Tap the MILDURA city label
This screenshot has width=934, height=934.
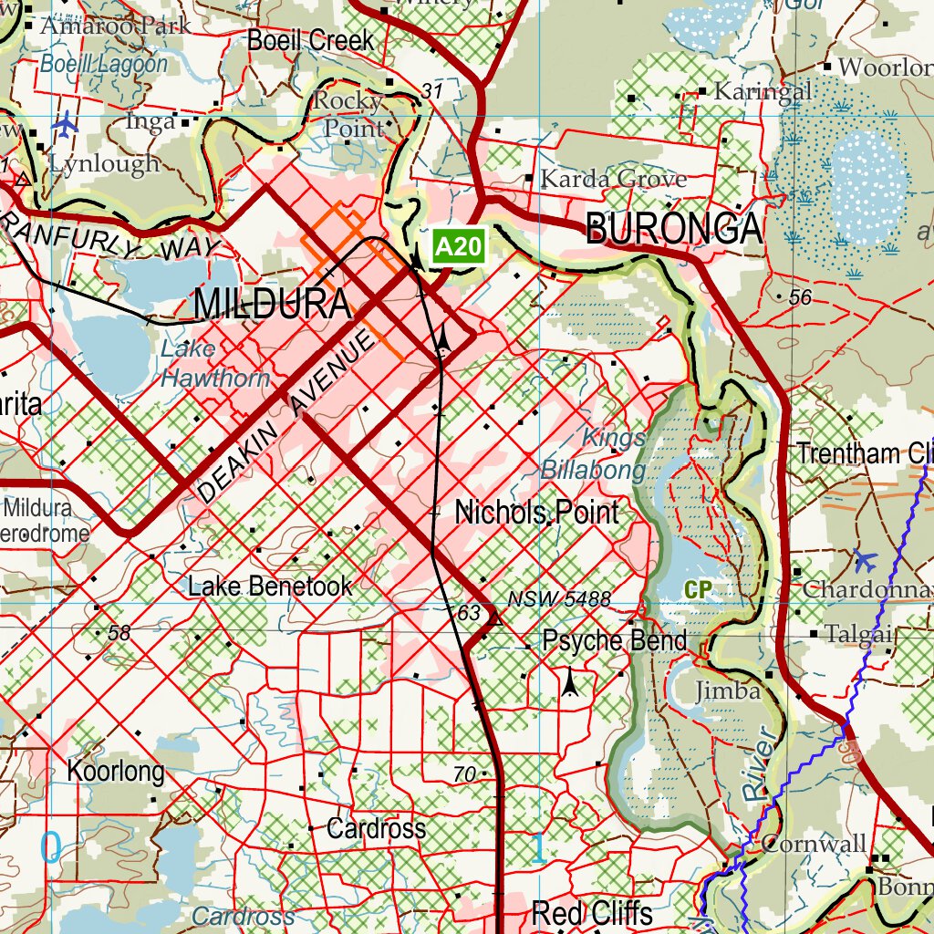click(272, 305)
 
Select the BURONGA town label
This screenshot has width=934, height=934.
click(674, 229)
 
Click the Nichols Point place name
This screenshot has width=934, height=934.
click(536, 513)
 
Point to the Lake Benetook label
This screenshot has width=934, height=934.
click(270, 586)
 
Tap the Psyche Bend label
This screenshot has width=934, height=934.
click(614, 640)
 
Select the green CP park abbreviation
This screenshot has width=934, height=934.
click(697, 590)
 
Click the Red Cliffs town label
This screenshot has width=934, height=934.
click(592, 912)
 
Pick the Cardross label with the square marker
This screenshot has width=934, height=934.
click(376, 829)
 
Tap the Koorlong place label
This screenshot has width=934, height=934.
click(116, 772)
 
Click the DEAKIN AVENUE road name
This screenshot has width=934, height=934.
click(285, 418)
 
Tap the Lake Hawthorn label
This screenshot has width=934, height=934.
click(215, 364)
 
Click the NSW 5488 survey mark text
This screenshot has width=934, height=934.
click(559, 599)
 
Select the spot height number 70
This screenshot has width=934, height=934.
click(464, 774)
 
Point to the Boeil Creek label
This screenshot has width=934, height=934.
click(310, 40)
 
